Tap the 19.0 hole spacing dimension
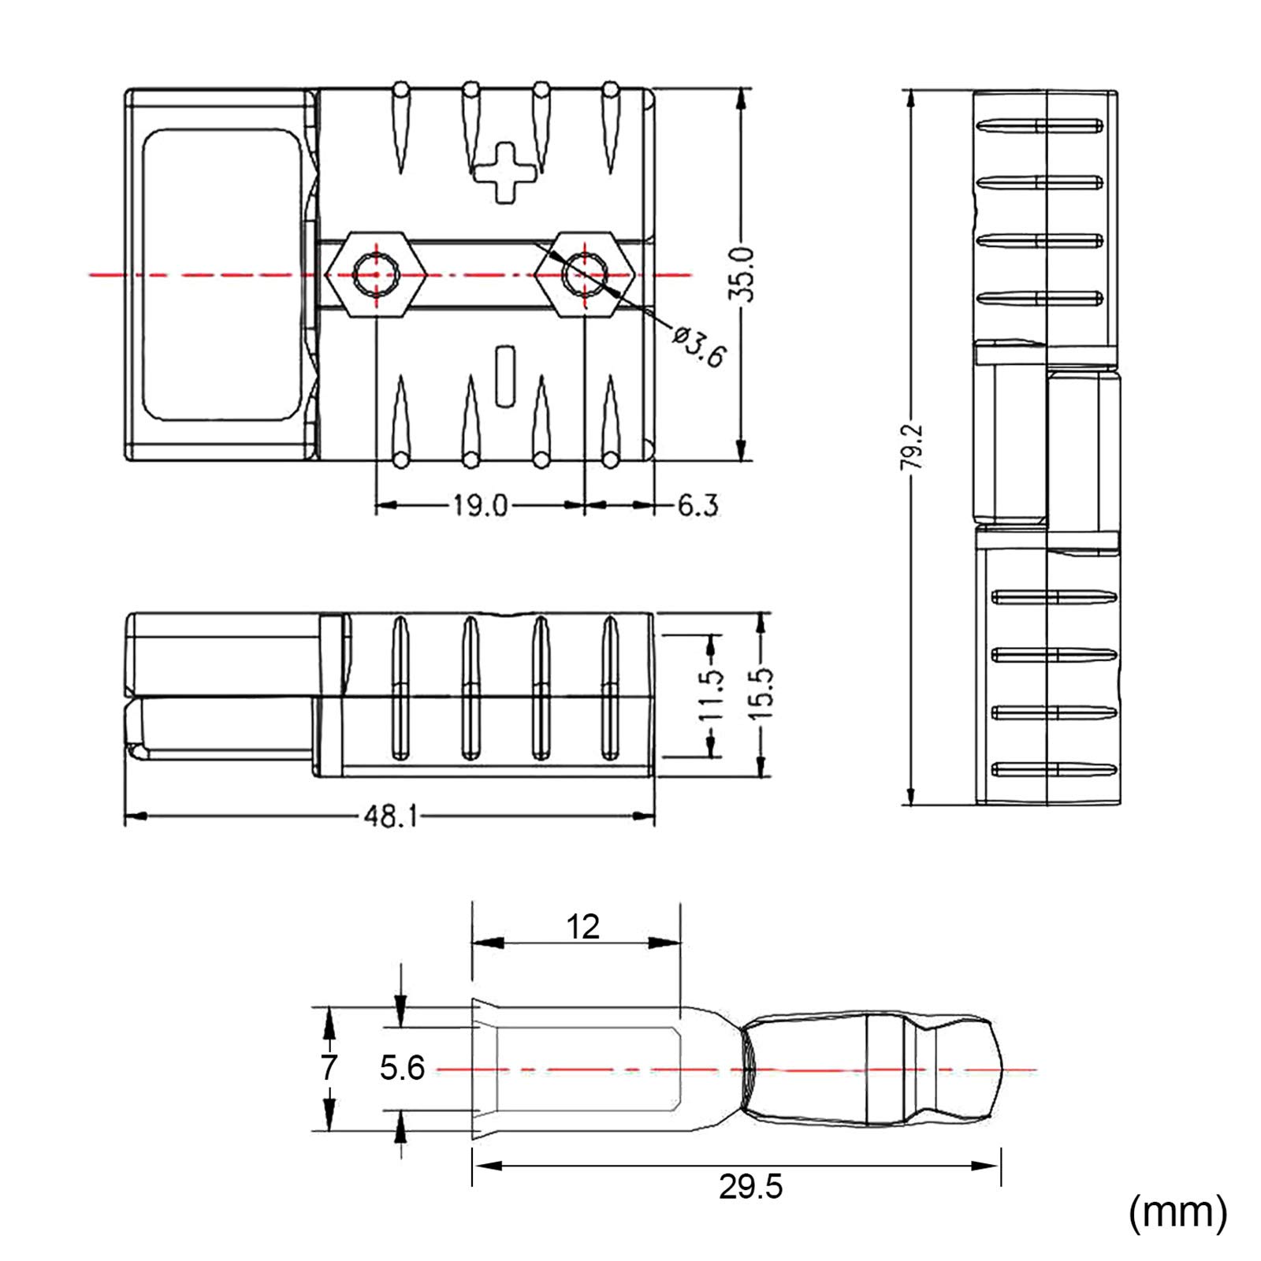click(x=480, y=505)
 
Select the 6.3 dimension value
click(x=698, y=505)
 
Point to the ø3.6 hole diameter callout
click(x=698, y=345)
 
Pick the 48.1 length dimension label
click(x=390, y=816)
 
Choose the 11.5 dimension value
click(x=711, y=695)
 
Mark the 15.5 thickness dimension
click(x=761, y=693)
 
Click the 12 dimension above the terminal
click(x=582, y=927)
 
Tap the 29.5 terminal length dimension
click(x=750, y=1187)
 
